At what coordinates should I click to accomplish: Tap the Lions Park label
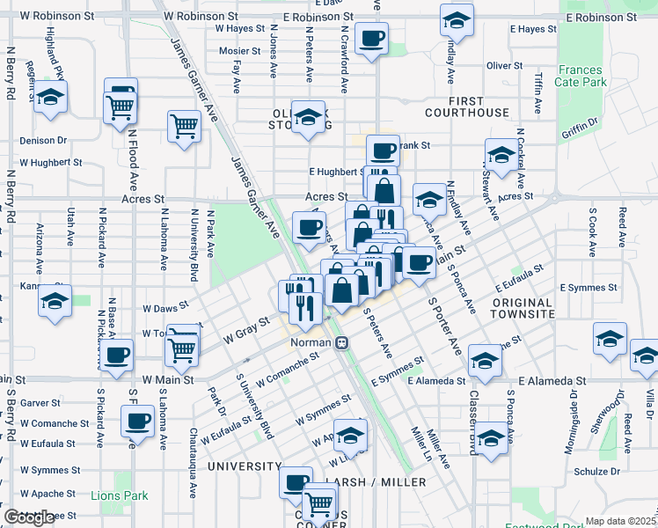(119, 495)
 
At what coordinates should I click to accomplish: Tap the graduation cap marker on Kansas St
(55, 300)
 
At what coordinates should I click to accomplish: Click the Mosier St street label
(239, 51)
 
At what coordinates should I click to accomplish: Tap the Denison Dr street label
(43, 140)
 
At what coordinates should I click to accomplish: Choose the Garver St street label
(40, 402)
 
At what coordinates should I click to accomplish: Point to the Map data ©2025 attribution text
(619, 521)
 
